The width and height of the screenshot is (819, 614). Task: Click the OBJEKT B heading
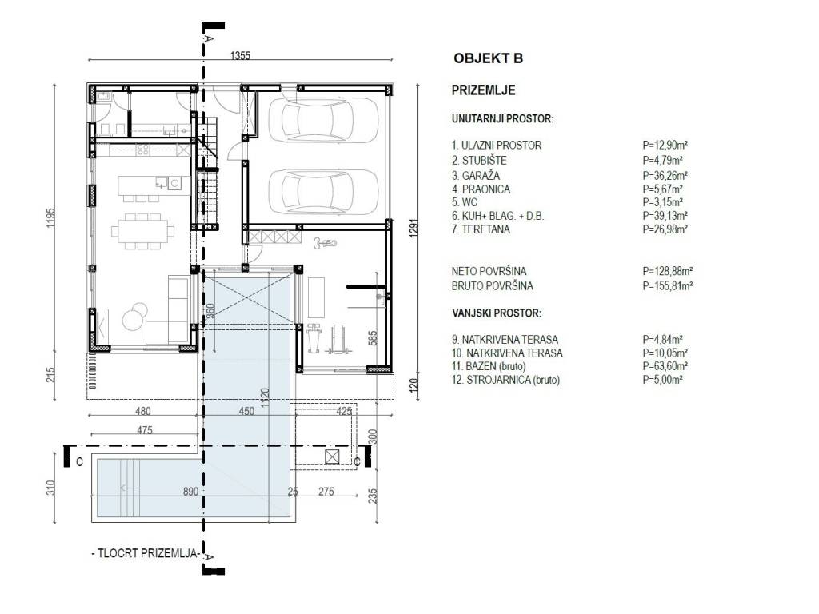pyautogui.click(x=488, y=58)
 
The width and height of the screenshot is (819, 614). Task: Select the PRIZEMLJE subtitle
pyautogui.click(x=483, y=90)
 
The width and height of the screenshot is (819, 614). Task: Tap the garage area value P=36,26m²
pyautogui.click(x=665, y=175)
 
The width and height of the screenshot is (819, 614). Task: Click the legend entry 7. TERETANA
pyautogui.click(x=481, y=229)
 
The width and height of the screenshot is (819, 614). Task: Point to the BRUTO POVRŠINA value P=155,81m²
pyautogui.click(x=668, y=285)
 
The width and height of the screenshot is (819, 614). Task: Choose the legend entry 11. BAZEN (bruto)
pyautogui.click(x=489, y=366)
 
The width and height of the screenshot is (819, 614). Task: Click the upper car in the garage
pyautogui.click(x=323, y=122)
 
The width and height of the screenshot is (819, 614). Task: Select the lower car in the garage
pyautogui.click(x=323, y=192)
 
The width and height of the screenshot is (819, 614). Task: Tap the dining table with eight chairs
pyautogui.click(x=142, y=231)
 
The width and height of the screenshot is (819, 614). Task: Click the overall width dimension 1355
pyautogui.click(x=240, y=55)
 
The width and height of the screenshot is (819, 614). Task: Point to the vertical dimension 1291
pyautogui.click(x=413, y=228)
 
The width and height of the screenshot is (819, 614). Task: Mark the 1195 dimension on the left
pyautogui.click(x=50, y=217)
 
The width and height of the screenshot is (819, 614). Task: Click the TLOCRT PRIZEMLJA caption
pyautogui.click(x=146, y=553)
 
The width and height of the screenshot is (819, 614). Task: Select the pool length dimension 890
pyautogui.click(x=190, y=492)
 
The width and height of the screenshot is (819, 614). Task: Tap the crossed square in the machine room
pyautogui.click(x=332, y=457)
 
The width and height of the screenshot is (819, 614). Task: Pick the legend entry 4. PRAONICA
pyautogui.click(x=481, y=189)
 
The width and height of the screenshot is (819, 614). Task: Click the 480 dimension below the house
pyautogui.click(x=142, y=411)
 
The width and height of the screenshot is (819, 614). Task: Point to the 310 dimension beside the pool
pyautogui.click(x=50, y=488)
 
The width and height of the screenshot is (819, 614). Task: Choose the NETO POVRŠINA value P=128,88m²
pyautogui.click(x=668, y=271)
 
